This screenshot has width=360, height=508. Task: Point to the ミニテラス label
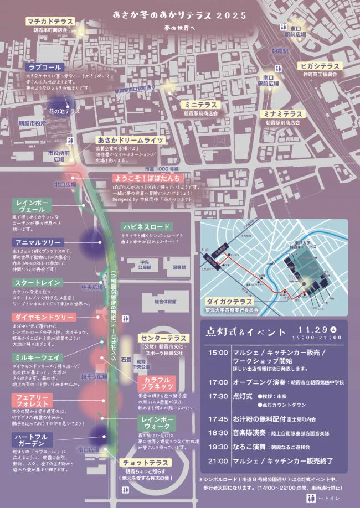click(x=200, y=104)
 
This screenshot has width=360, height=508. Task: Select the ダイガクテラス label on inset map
click(x=229, y=302)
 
